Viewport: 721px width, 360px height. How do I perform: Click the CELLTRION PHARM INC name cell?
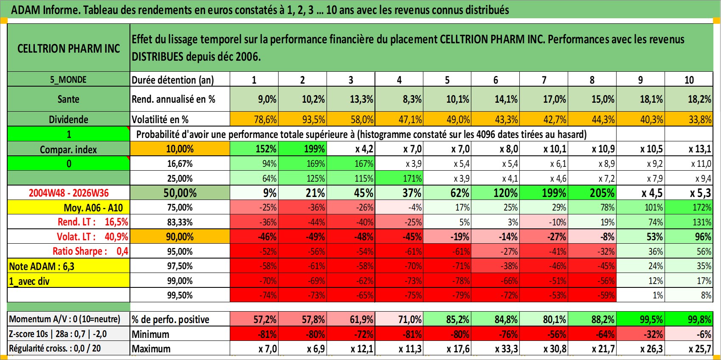[x=68, y=48]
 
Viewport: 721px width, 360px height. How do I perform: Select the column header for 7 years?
[x=544, y=79]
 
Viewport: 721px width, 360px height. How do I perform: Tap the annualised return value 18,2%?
[x=689, y=99]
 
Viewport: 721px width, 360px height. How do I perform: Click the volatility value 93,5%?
[x=303, y=119]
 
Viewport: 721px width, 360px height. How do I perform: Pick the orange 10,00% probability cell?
[x=180, y=149]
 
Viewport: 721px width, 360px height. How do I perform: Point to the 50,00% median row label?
[x=180, y=193]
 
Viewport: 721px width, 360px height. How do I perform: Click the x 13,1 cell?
[x=689, y=149]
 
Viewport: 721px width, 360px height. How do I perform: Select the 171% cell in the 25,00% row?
[x=399, y=178]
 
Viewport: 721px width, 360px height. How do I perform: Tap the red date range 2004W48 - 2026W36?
[x=68, y=193]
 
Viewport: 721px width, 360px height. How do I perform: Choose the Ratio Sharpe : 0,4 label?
[x=90, y=251]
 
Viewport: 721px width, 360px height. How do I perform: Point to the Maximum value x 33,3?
[x=496, y=349]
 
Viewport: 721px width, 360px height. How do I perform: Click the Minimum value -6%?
[x=689, y=334]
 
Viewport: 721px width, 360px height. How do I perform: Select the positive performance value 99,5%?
[x=640, y=319]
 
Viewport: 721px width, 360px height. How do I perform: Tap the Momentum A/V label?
[x=65, y=319]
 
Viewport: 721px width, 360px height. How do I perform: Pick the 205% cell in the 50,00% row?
[x=592, y=193]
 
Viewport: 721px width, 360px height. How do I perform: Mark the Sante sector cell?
[x=68, y=99]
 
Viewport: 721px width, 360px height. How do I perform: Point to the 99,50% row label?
[x=180, y=295]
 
